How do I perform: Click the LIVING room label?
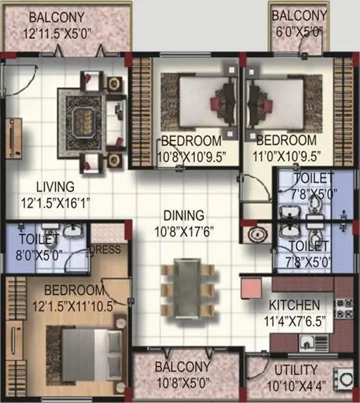click(56, 186)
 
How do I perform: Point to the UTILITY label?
click(296, 370)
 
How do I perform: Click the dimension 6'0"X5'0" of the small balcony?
click(299, 32)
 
